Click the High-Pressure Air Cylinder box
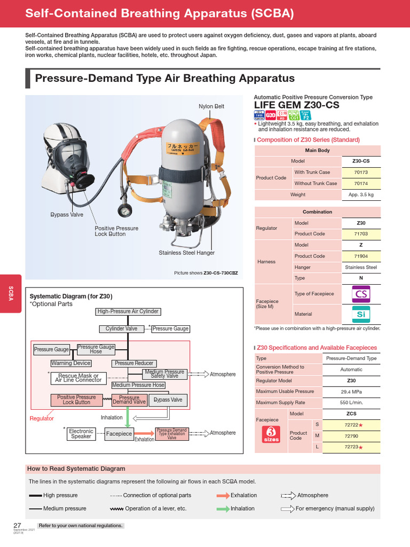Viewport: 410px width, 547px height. [x=128, y=311]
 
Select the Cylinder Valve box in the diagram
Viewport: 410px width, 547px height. [x=121, y=329]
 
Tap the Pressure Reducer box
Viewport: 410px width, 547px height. [x=133, y=363]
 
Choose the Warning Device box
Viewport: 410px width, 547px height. [x=70, y=363]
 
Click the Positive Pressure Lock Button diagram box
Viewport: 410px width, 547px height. [x=76, y=400]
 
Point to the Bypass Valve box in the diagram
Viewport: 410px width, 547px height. [x=168, y=400]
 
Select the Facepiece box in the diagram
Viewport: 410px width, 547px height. [x=119, y=434]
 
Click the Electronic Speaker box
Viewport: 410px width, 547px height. [x=81, y=434]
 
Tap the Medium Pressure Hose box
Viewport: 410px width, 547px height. [x=138, y=385]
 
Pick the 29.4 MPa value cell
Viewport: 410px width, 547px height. [x=351, y=392]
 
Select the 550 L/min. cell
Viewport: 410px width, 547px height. [x=351, y=402]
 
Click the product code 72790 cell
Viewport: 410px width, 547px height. [x=351, y=435]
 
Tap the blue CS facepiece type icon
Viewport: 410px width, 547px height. [x=361, y=294]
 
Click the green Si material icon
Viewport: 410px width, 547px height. [x=361, y=314]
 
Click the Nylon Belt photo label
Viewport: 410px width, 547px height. [x=211, y=106]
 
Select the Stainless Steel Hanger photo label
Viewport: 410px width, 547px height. [x=186, y=253]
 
